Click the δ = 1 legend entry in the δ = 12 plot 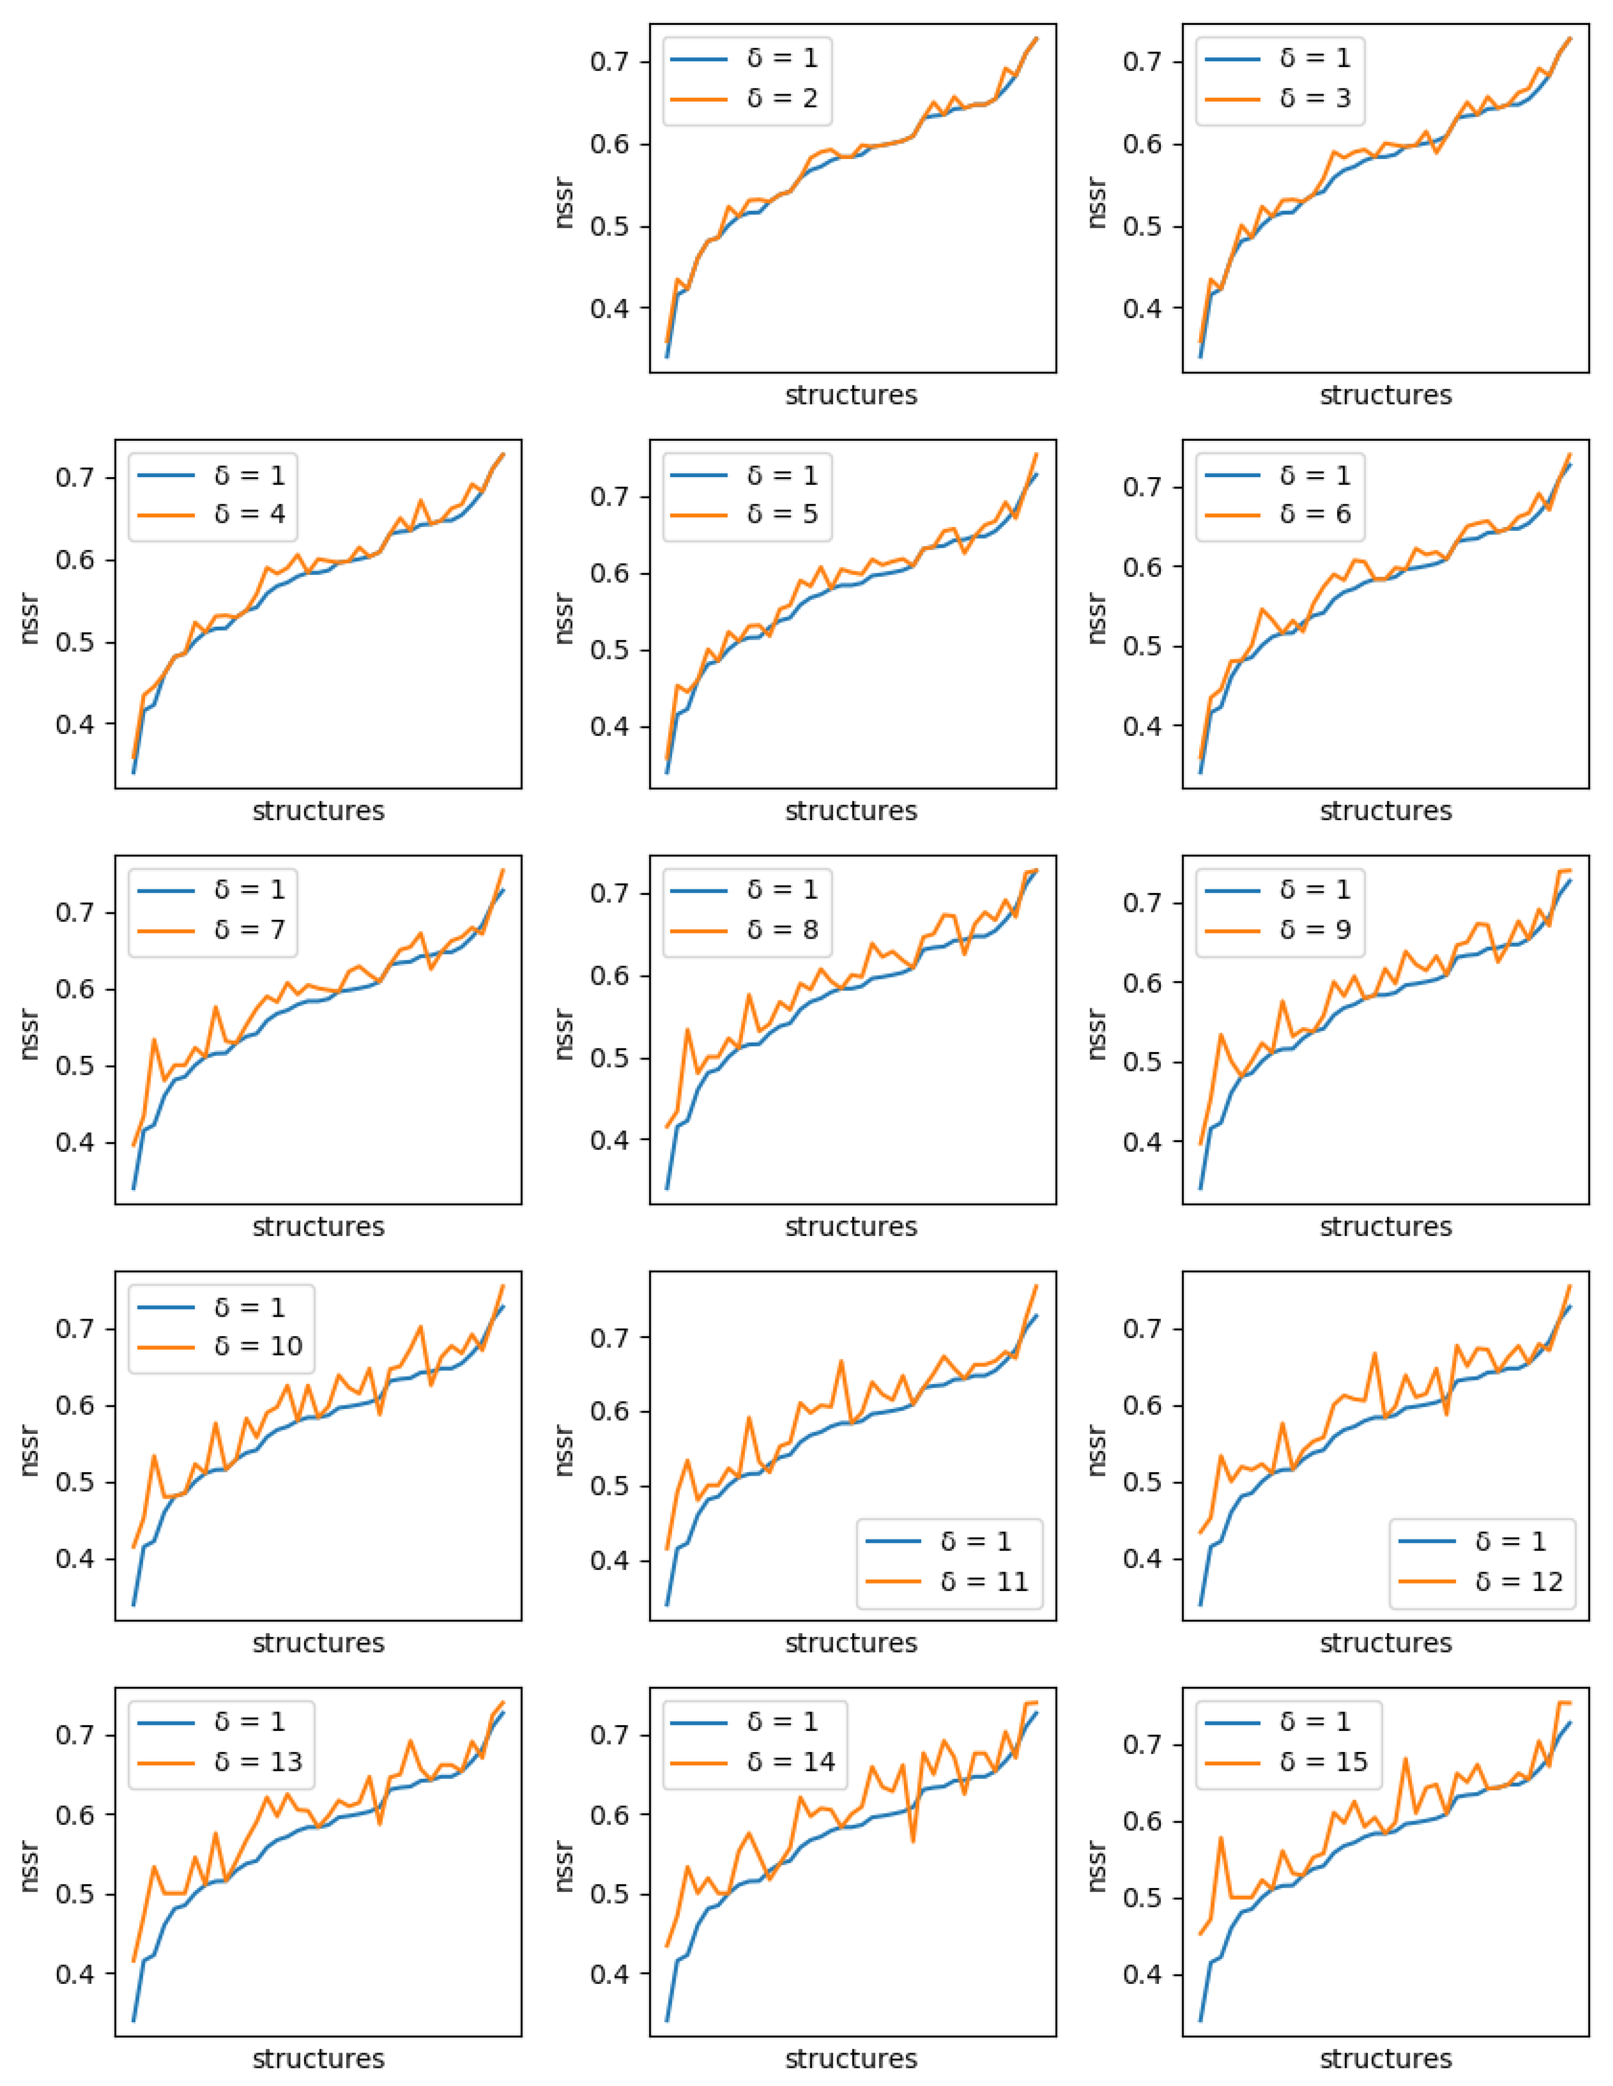(x=1509, y=1542)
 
